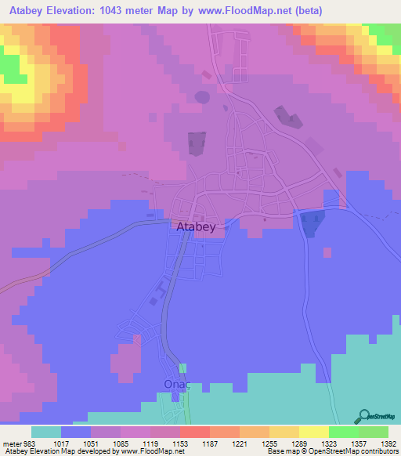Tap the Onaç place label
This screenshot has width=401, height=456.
(178, 385)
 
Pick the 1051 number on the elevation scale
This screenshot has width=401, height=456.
(76, 443)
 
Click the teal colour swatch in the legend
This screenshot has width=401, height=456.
(46, 432)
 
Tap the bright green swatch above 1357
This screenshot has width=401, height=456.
(343, 432)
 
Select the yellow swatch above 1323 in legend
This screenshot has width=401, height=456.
(313, 432)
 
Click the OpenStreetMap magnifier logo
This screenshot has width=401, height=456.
(363, 417)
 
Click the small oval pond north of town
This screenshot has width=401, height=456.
(202, 97)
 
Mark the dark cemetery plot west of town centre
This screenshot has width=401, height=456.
(196, 143)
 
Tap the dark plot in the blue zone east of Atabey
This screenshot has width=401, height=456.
(311, 223)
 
